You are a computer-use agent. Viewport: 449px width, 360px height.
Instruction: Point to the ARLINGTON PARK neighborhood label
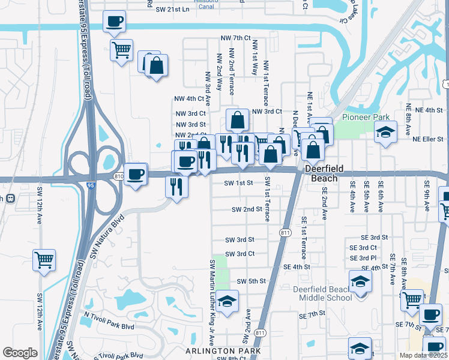(x=223, y=350)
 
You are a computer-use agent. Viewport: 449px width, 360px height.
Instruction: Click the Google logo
(x=20, y=353)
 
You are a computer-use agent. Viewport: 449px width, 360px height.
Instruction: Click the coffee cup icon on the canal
(x=114, y=22)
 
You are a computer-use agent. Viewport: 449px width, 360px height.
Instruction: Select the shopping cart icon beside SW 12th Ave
(x=44, y=260)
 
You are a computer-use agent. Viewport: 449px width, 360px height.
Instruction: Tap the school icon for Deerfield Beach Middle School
(x=360, y=281)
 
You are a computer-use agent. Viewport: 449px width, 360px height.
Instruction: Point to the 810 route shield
(x=118, y=176)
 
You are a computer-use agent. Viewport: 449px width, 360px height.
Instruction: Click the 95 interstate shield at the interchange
(x=90, y=186)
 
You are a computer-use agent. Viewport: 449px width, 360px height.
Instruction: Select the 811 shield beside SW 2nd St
(x=285, y=232)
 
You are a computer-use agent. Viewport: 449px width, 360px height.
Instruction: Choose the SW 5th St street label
(x=252, y=281)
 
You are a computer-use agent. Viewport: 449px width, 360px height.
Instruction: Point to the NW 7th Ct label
(x=235, y=38)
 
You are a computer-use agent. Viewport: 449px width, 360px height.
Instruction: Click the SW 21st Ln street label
(x=172, y=10)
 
